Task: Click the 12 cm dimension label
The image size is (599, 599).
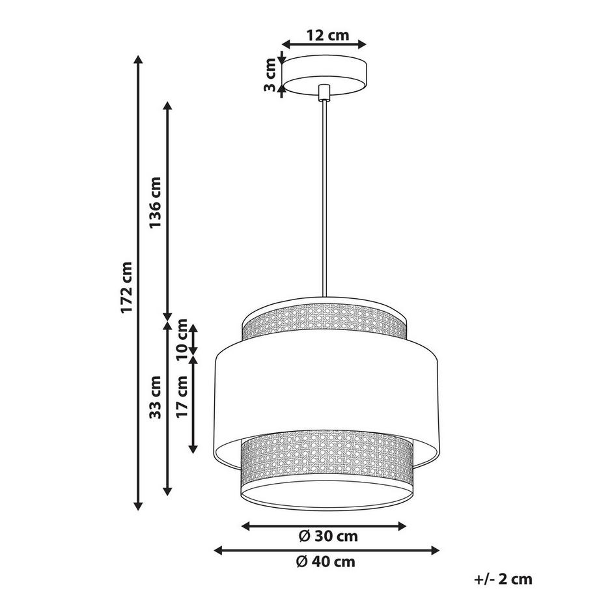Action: pos(327,35)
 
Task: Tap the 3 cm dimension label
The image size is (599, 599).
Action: pos(270,74)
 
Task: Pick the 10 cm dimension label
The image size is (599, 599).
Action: pos(182,340)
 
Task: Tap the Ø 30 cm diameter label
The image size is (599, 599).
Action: pos(328,536)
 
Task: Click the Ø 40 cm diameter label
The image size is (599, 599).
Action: pos(326,561)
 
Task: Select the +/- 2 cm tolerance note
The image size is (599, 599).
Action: pos(503,579)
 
